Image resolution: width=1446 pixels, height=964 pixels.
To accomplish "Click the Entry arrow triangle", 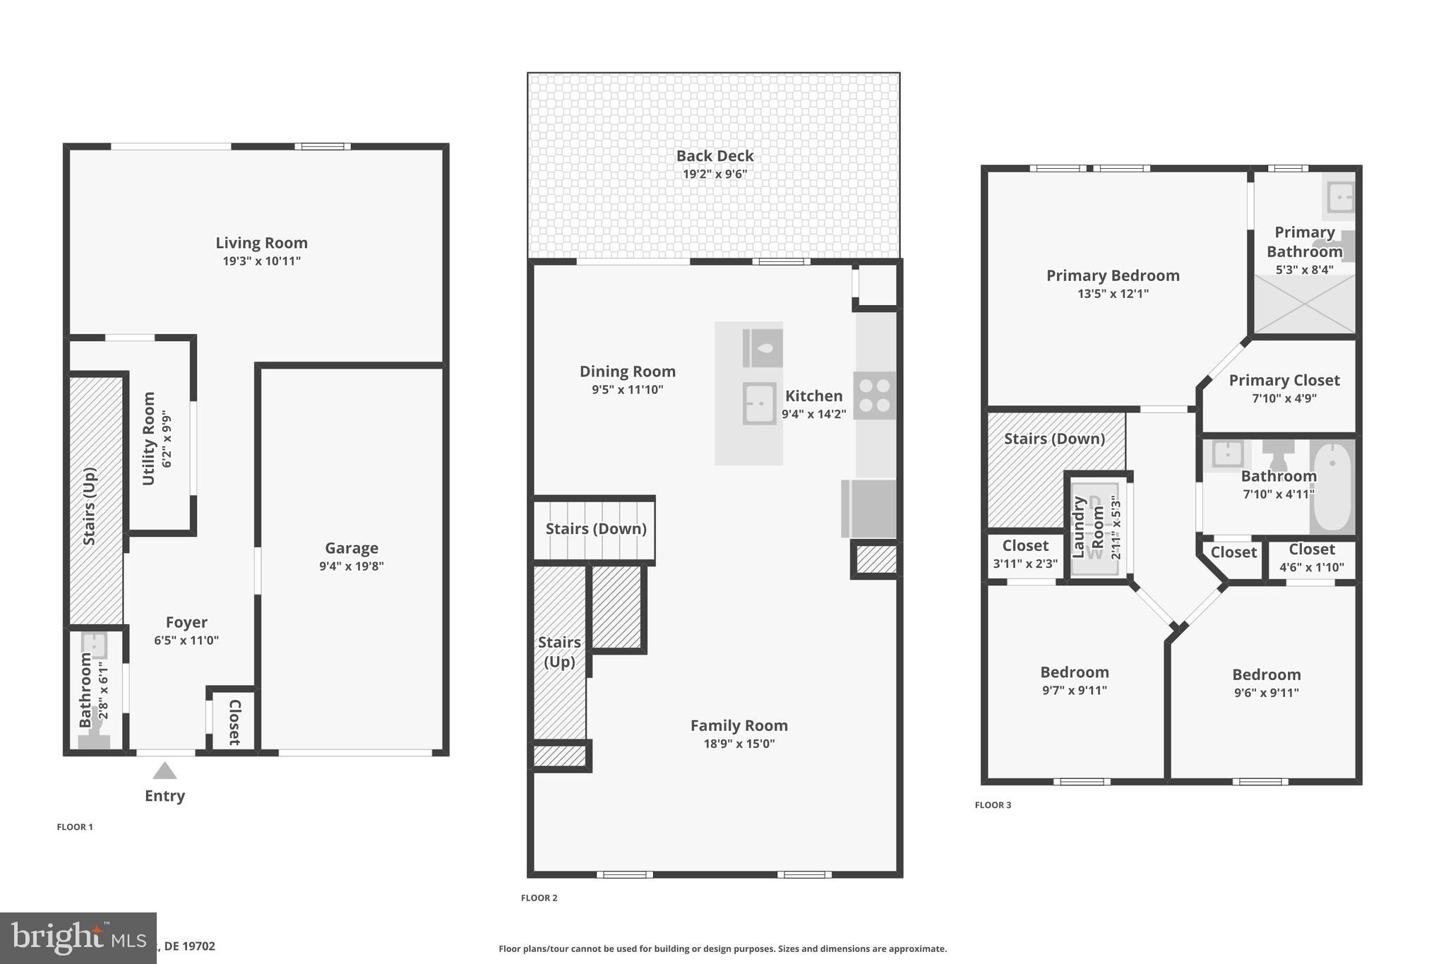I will tap(165, 770).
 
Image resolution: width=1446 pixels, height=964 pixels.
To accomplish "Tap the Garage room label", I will tap(352, 548).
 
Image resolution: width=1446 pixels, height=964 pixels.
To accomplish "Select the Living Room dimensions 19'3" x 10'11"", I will tap(261, 261).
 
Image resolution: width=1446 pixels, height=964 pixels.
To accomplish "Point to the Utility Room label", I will tap(148, 439).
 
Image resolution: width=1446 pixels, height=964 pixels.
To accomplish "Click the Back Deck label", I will tap(715, 156).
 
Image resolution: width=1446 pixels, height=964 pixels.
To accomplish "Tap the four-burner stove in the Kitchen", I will tap(875, 395).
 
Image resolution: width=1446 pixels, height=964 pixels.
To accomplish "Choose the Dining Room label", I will tap(627, 371).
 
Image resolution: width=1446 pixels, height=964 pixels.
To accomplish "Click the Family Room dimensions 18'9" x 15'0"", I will tap(739, 744).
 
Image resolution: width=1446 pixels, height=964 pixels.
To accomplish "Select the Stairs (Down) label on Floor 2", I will tap(596, 529).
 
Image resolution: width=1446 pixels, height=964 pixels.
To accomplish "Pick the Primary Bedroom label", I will tap(1113, 275).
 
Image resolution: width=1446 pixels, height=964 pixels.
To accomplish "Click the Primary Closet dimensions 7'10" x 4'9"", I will tap(1284, 398).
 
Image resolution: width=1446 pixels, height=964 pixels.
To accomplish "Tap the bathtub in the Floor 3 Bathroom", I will tap(1332, 487).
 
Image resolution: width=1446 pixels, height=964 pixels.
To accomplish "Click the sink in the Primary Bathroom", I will tap(1340, 197).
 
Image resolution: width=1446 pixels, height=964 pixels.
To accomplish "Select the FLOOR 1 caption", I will tap(75, 827).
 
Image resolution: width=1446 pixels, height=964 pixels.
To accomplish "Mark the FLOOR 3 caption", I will tap(993, 805).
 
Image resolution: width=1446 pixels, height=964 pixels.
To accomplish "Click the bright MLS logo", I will tap(78, 938).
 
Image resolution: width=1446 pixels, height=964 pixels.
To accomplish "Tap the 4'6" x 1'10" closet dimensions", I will tap(1311, 567).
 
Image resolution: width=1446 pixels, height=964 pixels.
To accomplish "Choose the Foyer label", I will tap(186, 622).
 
